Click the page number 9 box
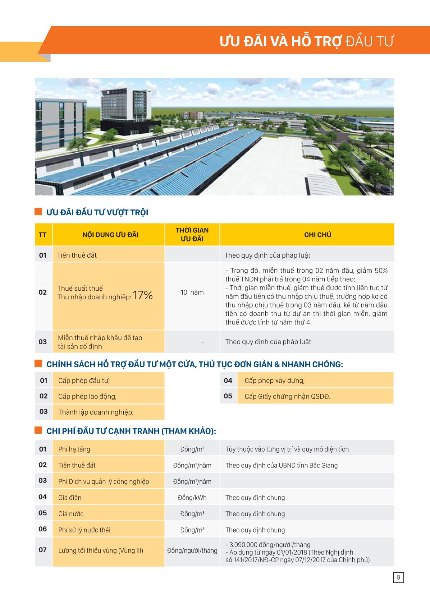tap(398, 577)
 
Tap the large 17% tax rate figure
tap(143, 295)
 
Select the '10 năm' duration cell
tap(192, 292)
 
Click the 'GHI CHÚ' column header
tap(317, 235)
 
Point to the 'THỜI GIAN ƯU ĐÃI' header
tap(192, 235)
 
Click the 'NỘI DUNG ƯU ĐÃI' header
tap(110, 235)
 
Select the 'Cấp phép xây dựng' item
tap(274, 380)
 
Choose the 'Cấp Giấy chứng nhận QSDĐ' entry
tap(287, 396)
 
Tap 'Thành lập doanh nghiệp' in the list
tap(96, 412)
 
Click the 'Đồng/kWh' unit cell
tap(192, 498)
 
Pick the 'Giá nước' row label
tap(71, 514)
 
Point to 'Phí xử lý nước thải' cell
tap(84, 530)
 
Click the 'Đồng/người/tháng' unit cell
tap(192, 550)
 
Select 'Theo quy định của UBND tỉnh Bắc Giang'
tap(281, 465)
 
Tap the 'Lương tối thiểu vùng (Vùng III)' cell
tap(101, 550)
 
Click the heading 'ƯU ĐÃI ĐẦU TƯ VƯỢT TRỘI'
tap(97, 212)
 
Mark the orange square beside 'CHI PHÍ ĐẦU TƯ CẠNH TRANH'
tap(38, 430)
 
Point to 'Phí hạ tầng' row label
tap(74, 449)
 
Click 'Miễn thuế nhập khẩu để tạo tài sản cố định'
tap(100, 342)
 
